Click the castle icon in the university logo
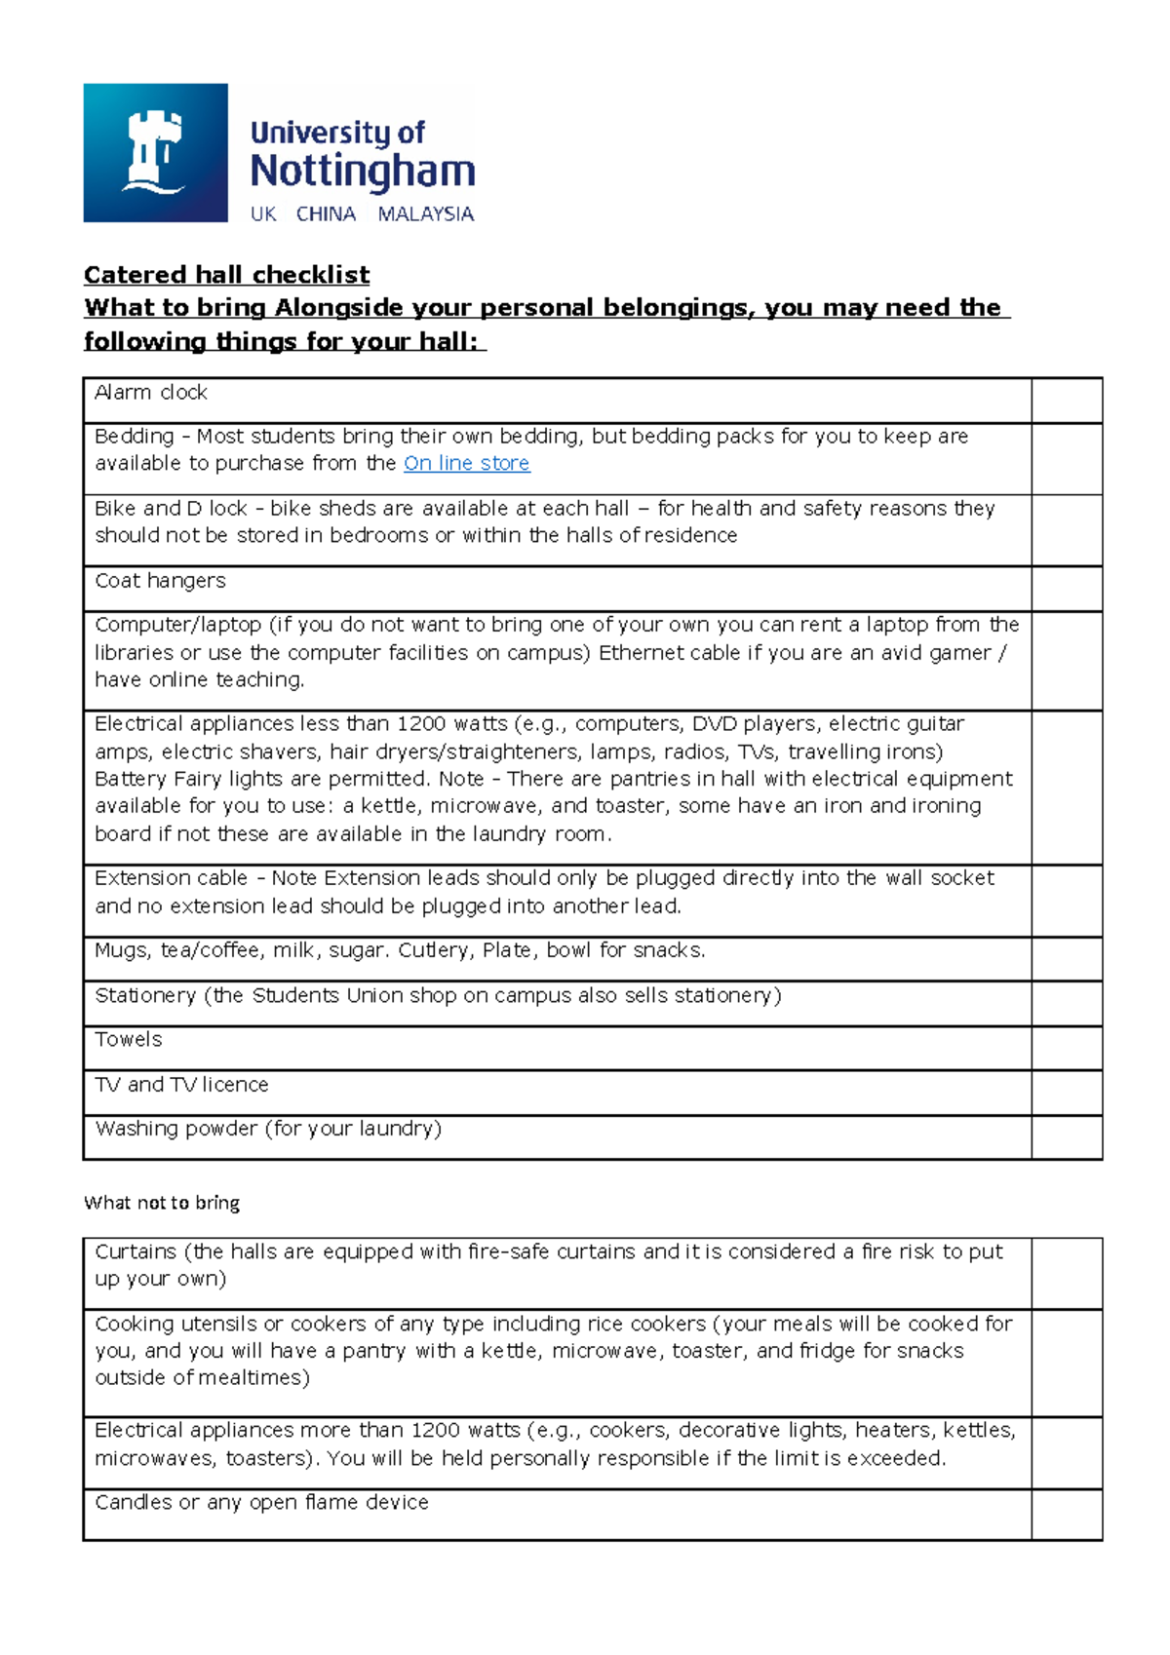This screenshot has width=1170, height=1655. click(154, 152)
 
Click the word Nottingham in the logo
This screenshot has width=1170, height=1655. click(362, 172)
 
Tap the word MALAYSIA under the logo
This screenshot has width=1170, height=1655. click(425, 214)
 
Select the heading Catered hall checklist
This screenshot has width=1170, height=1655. click(226, 275)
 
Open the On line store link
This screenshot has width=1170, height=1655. click(466, 464)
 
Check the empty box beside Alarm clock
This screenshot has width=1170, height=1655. click(1066, 401)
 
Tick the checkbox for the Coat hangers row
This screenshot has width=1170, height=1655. click(1066, 589)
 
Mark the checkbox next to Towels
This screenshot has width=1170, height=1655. click(1066, 1048)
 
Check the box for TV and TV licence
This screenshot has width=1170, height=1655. click(1066, 1093)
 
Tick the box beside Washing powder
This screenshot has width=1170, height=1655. click(1066, 1137)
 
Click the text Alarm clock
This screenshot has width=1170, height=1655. click(151, 393)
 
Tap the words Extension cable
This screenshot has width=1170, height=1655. click(171, 878)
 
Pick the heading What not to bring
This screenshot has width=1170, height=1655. click(162, 1203)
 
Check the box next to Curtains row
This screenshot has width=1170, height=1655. click(1066, 1273)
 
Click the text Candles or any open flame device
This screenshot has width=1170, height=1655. click(261, 1503)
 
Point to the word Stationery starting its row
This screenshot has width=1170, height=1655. click(145, 996)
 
